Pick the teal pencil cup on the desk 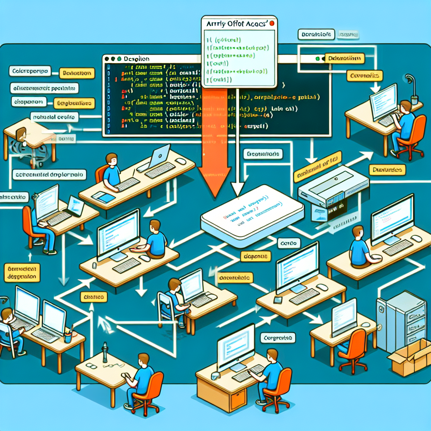click(x=68, y=337)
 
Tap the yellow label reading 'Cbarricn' click(x=93, y=297)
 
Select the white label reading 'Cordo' click(x=289, y=243)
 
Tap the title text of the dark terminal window click(x=137, y=59)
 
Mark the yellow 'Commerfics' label click(x=364, y=76)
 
